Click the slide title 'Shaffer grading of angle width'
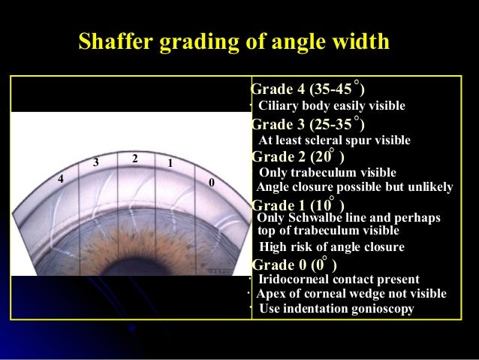tap(233, 41)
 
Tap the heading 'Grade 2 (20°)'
tap(298, 157)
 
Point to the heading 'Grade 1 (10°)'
tap(298, 205)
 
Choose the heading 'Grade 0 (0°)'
tap(294, 265)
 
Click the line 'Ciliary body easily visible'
tap(331, 106)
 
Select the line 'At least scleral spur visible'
tap(334, 140)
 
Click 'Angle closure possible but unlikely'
tap(354, 187)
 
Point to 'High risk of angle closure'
tap(331, 247)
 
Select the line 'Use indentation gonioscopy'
tap(336, 308)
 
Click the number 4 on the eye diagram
tap(61, 179)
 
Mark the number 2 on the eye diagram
tap(134, 159)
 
